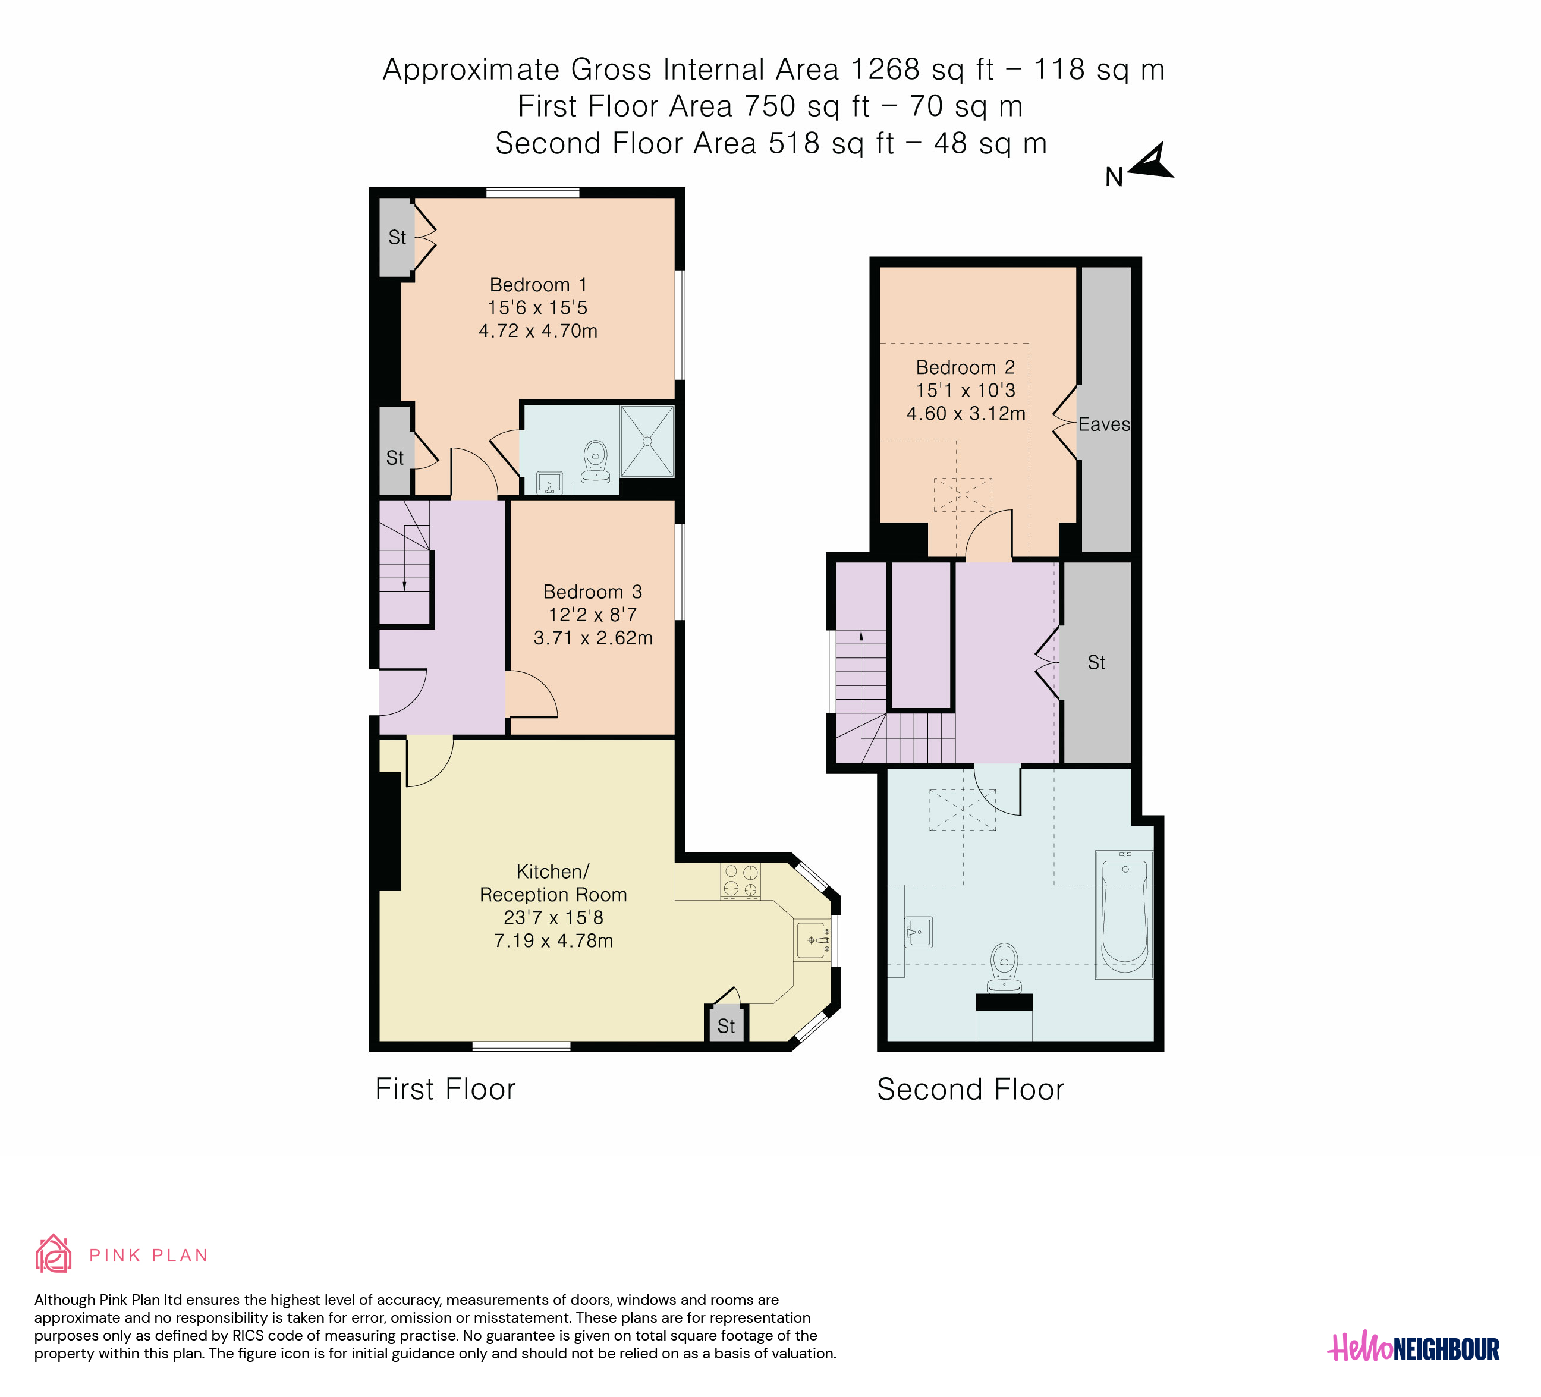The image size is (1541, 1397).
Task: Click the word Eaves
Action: (x=1104, y=424)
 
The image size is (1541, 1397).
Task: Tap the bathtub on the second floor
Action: (x=1124, y=914)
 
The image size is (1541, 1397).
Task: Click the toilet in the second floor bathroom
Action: (x=1004, y=968)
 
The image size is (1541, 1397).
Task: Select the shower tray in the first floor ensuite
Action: (x=647, y=441)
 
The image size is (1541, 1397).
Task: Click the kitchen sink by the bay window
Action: (x=813, y=939)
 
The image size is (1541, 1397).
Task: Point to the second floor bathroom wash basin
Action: (x=919, y=932)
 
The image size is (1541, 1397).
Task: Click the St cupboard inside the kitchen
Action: (x=726, y=1025)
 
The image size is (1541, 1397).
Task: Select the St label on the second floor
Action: (x=1096, y=663)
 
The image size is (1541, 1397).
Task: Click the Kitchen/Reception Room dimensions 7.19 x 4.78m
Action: (x=553, y=941)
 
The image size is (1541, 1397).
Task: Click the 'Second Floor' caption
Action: (x=971, y=1089)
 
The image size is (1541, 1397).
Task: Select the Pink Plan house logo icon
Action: (x=54, y=1254)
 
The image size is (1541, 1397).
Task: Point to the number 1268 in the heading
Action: (x=885, y=70)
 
